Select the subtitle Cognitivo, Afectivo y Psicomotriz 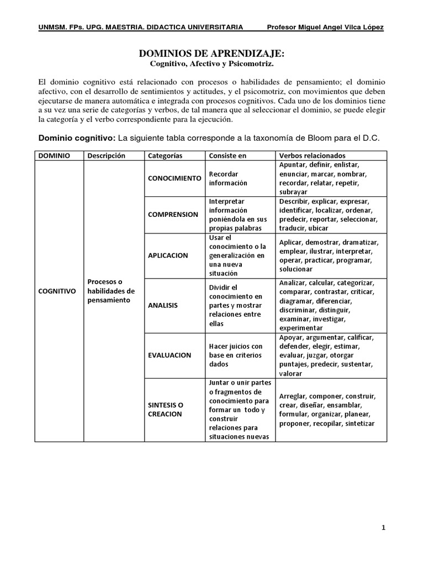click(212, 64)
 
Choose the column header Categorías click(165, 156)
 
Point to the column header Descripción click(107, 156)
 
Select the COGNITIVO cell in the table click(57, 290)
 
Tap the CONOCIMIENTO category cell click(173, 178)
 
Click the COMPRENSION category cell click(173, 214)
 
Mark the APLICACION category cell click(168, 255)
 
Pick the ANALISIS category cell click(163, 305)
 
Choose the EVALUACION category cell click(169, 355)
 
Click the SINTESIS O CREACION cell click(166, 409)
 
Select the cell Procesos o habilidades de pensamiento click(111, 290)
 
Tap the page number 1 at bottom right click(384, 528)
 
